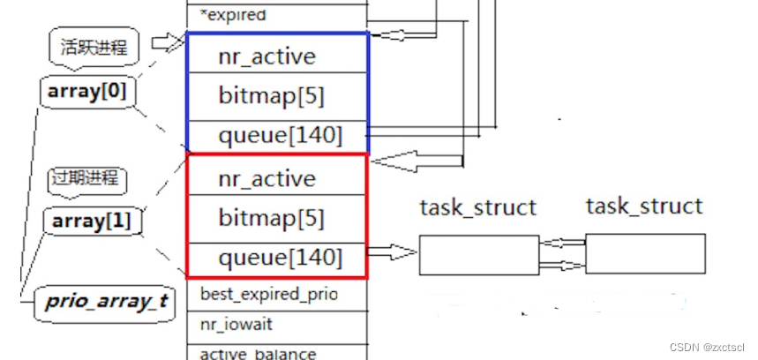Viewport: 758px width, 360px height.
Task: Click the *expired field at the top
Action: tap(233, 15)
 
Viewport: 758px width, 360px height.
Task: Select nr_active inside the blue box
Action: tap(266, 57)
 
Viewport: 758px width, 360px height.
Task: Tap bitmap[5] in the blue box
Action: tap(271, 96)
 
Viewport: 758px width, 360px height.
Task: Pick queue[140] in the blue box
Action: tap(280, 136)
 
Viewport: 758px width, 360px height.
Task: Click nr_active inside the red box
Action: tap(266, 179)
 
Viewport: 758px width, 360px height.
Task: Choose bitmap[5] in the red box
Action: tap(271, 218)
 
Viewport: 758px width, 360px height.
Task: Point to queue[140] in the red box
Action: tap(280, 258)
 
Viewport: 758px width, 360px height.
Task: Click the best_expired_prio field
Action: tap(268, 293)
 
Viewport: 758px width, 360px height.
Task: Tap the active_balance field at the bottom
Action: tap(258, 353)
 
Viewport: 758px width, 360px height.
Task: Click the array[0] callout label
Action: tap(88, 91)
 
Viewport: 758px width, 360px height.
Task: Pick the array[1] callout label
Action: tap(91, 221)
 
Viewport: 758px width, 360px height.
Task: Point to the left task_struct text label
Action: tap(477, 207)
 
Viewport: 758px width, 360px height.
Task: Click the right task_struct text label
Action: tap(644, 206)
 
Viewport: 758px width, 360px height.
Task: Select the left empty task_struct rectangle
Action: tap(478, 254)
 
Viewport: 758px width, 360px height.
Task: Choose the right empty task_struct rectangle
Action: tap(645, 253)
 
